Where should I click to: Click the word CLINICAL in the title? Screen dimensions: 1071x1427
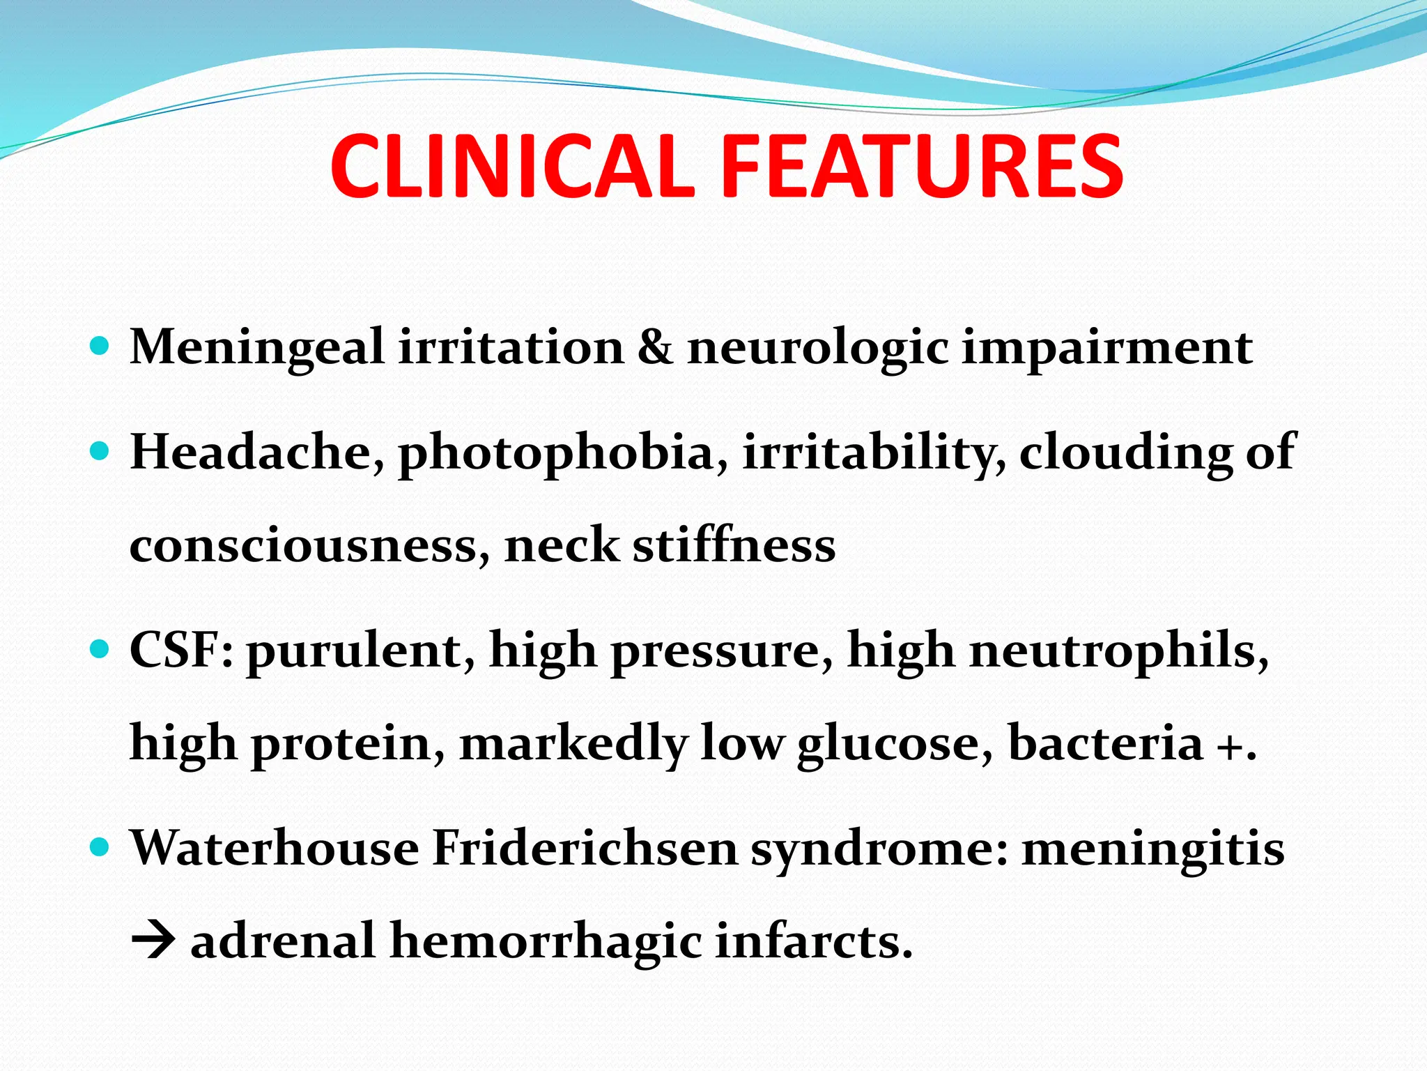coord(512,167)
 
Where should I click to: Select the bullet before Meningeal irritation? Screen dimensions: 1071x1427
coord(100,346)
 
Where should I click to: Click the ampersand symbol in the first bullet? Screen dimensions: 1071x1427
coord(655,347)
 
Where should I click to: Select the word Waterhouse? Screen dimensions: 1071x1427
coord(275,848)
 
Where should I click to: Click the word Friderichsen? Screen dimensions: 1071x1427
coord(585,848)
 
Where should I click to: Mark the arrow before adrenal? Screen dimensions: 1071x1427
coord(153,941)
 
